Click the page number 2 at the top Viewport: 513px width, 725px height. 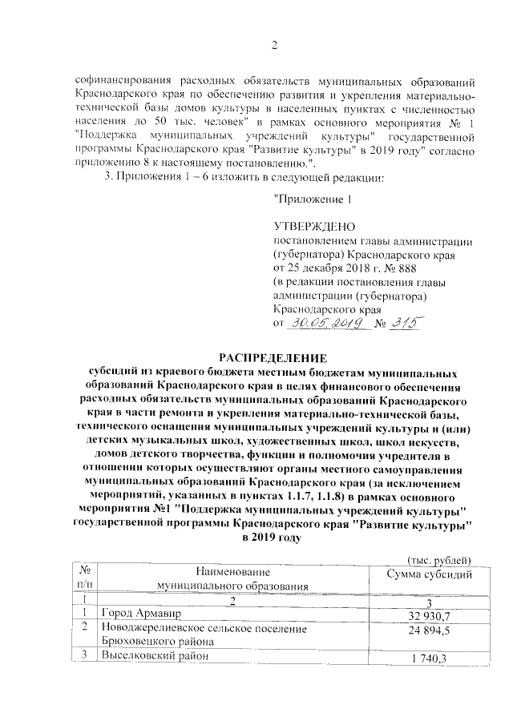(273, 43)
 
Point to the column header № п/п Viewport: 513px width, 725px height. (85, 578)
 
